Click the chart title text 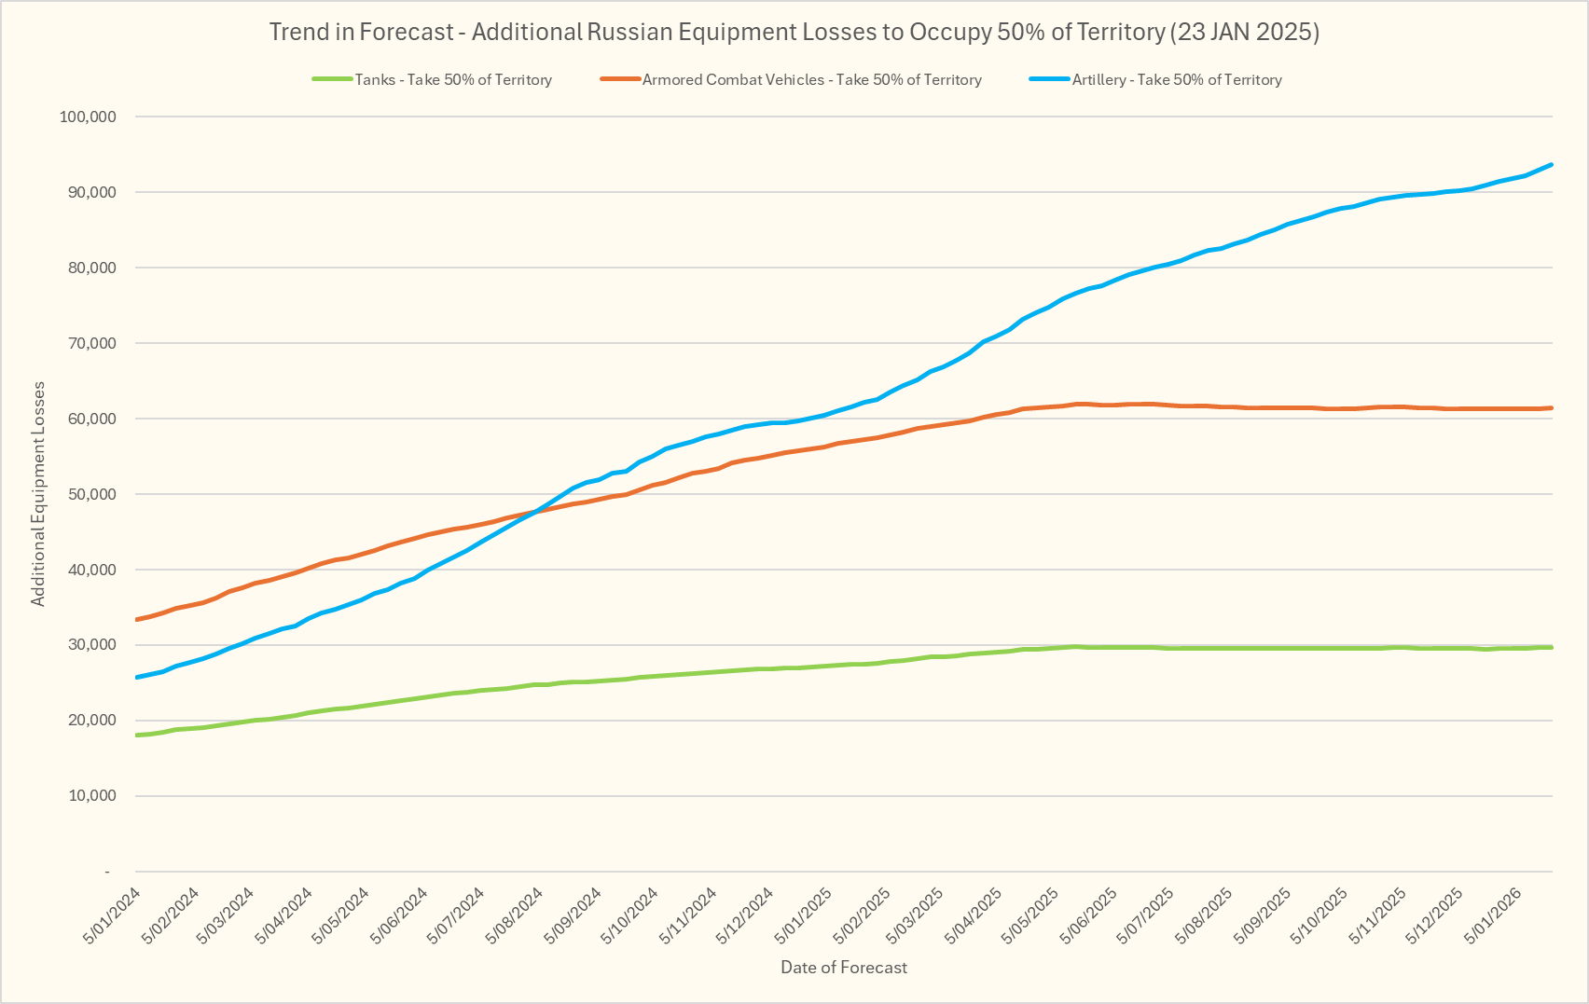point(794,32)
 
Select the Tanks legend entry point(452,80)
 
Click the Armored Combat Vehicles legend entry point(811,80)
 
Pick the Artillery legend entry point(1176,80)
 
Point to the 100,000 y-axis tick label point(87,117)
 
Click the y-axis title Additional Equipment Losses point(38,494)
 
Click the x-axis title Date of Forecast point(843,968)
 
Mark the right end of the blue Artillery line point(1551,165)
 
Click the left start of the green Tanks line point(138,736)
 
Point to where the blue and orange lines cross point(535,511)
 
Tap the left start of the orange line point(138,619)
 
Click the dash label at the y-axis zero point(107,872)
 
